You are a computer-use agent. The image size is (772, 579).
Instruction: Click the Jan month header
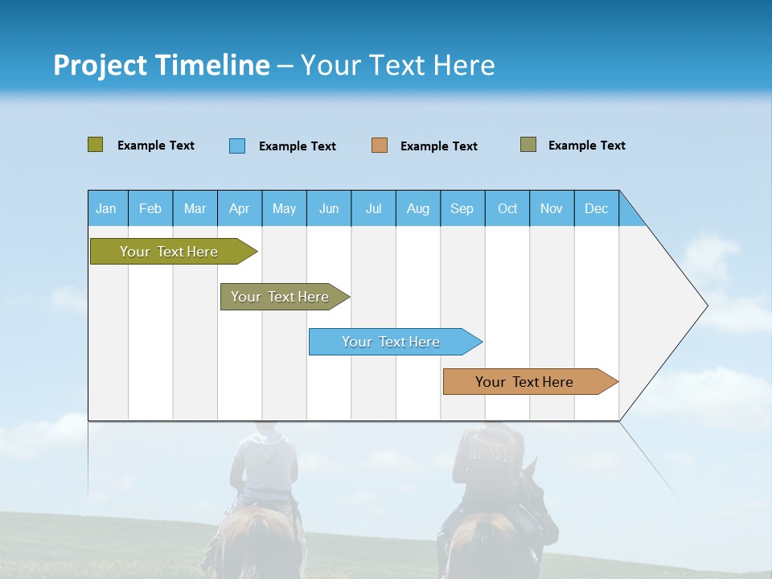point(106,208)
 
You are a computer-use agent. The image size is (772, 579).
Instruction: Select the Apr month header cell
point(239,208)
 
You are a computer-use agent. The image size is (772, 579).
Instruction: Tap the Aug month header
point(417,208)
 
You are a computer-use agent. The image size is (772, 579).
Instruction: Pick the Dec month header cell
point(596,208)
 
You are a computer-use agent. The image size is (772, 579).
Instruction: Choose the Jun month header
point(328,208)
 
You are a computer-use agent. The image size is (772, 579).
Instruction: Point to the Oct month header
point(507,208)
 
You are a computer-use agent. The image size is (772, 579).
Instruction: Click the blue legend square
point(237,146)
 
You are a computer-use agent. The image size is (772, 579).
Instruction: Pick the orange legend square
point(380,146)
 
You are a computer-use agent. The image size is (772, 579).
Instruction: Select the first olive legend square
point(96,145)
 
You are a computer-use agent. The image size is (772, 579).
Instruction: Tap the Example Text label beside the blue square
point(297,146)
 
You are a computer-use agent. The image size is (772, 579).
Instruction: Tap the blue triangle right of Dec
point(630,212)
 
